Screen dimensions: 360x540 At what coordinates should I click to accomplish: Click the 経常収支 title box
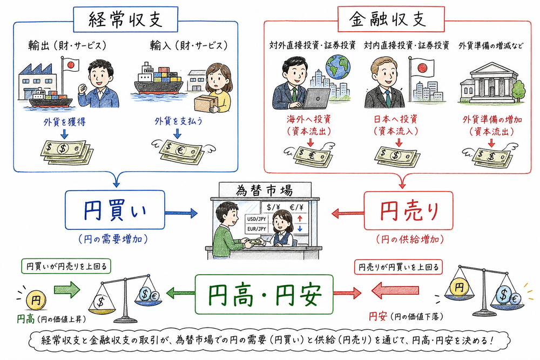tap(125, 19)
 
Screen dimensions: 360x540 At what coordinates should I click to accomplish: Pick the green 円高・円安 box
tap(264, 295)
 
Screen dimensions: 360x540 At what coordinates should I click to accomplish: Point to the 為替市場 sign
tap(264, 191)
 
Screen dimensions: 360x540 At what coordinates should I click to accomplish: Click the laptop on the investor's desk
tap(319, 97)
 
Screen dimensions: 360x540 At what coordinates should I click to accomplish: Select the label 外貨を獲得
tap(64, 122)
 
